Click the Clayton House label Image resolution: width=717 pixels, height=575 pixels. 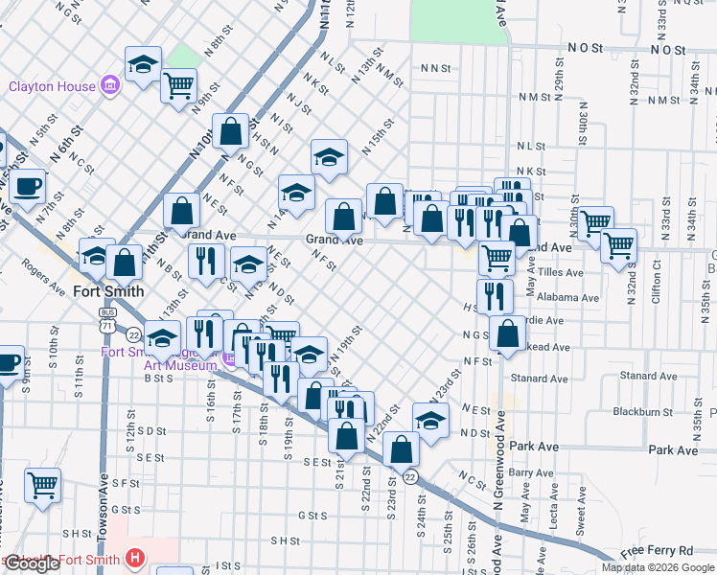52,86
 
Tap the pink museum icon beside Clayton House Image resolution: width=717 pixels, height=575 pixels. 110,86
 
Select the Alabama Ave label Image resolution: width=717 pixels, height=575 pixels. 567,298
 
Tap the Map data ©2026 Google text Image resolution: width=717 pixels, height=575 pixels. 659,567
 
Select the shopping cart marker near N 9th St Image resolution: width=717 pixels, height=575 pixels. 178,86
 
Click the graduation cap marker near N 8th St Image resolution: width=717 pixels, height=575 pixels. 143,64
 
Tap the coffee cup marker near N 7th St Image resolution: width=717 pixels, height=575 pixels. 27,185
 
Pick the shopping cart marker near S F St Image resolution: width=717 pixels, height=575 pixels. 42,485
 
